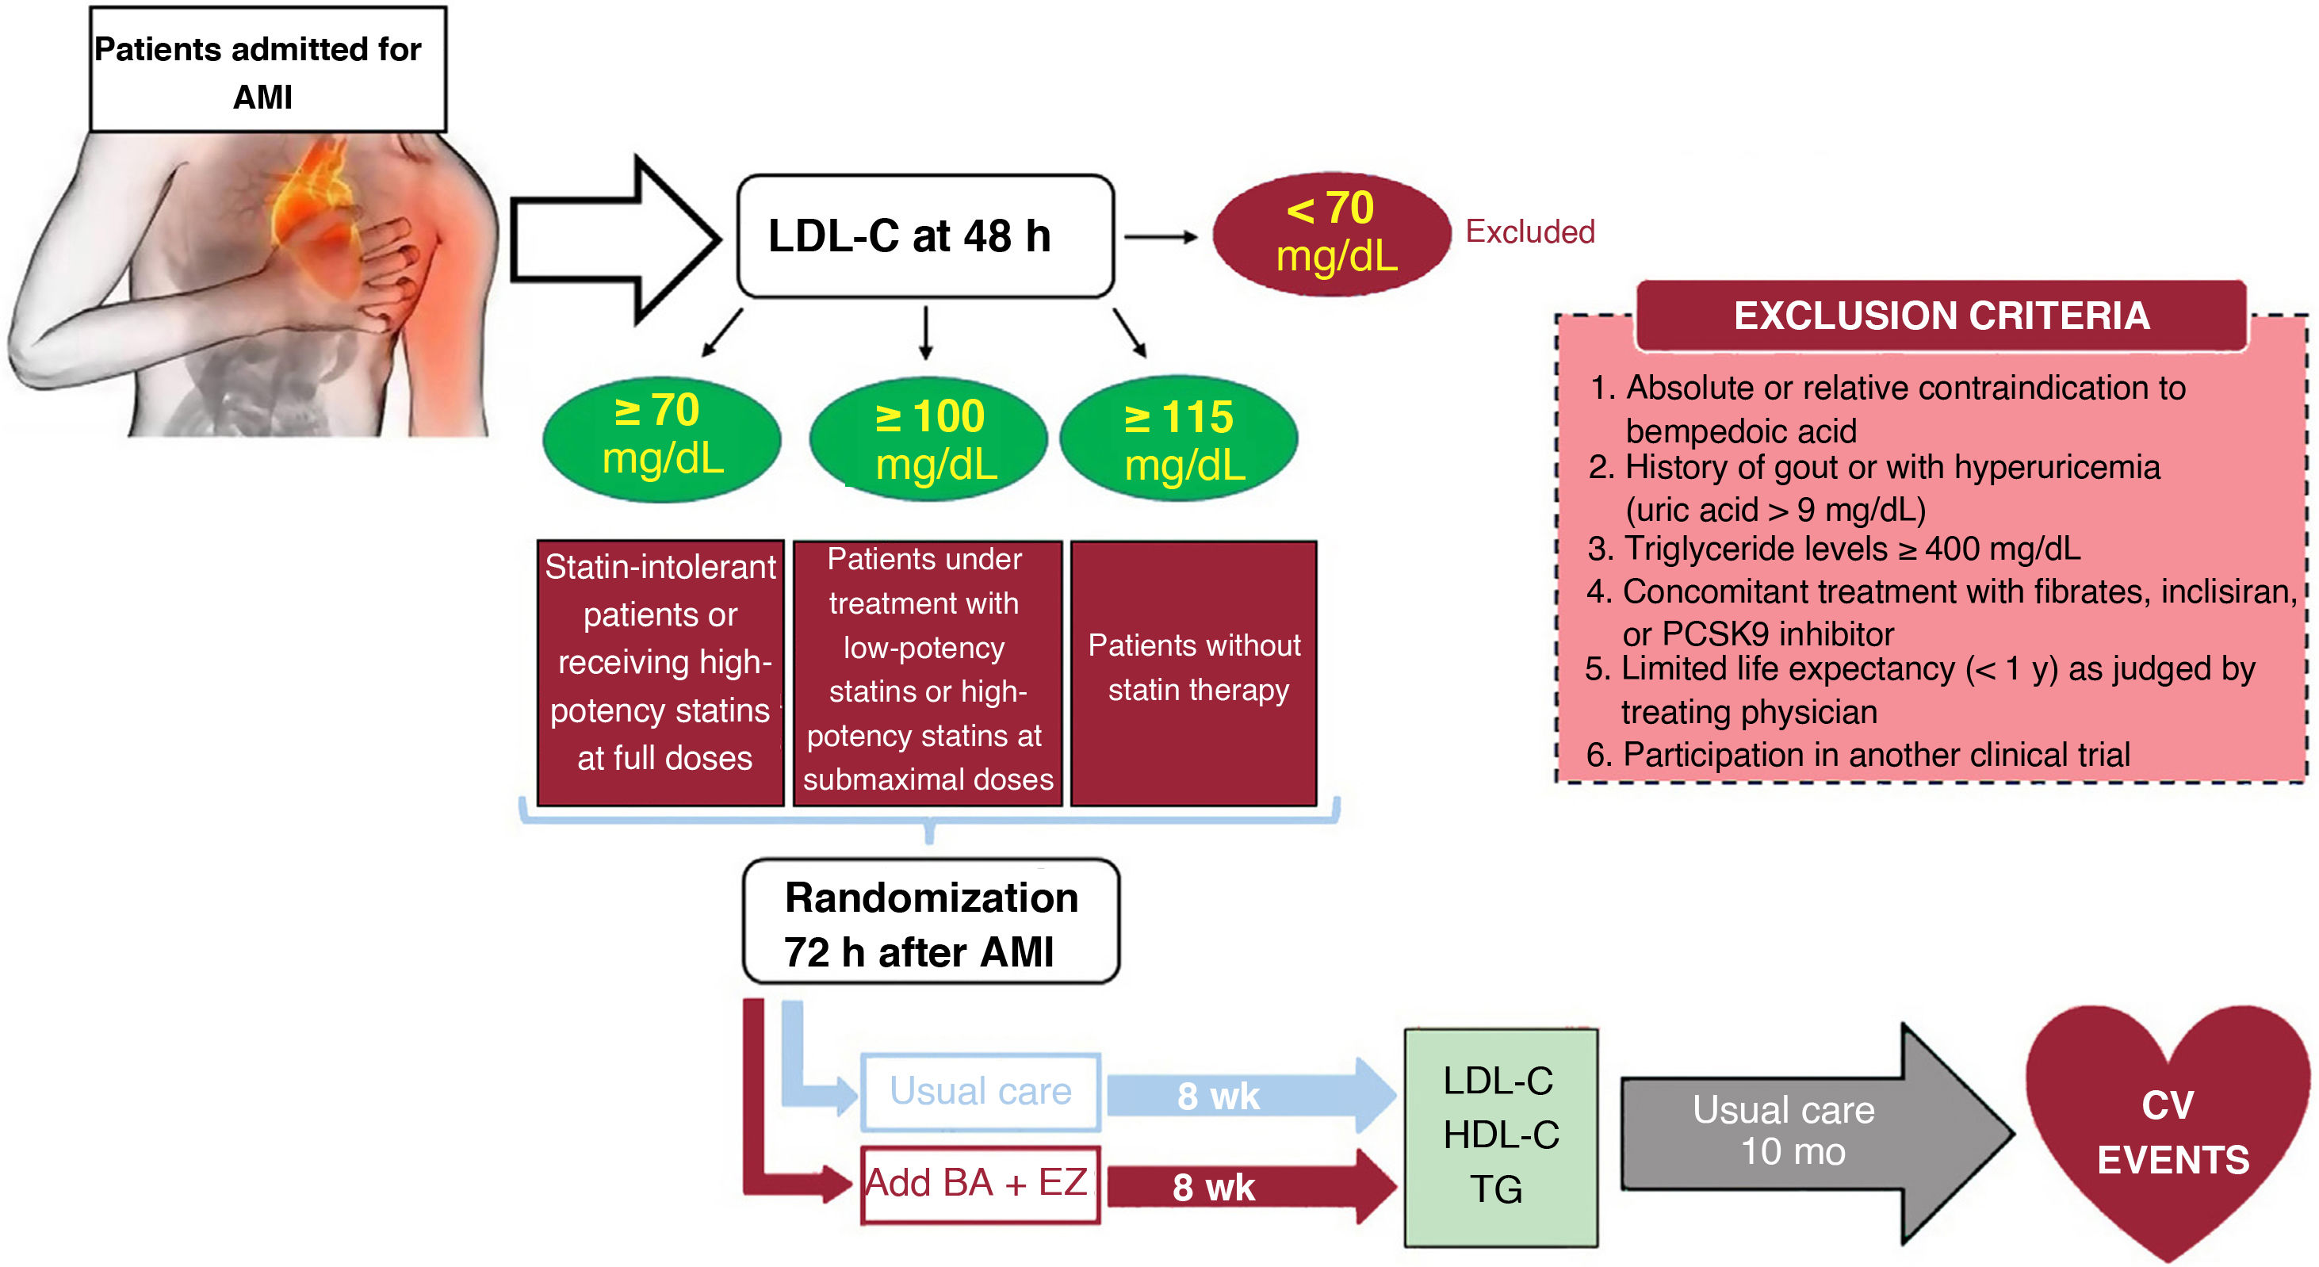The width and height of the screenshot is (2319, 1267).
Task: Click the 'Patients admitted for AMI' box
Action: pos(267,71)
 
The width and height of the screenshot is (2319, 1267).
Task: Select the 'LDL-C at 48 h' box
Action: pos(924,236)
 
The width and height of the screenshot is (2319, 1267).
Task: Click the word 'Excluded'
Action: pos(1529,232)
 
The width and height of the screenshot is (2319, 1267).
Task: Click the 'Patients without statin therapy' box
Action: pos(1194,672)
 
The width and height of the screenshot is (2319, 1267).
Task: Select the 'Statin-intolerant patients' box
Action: pos(660,672)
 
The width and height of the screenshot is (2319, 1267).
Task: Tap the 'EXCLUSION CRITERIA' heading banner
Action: pos(1941,316)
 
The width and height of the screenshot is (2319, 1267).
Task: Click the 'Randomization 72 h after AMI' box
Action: pos(931,922)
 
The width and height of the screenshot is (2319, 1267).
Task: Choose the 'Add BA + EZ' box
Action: pos(981,1183)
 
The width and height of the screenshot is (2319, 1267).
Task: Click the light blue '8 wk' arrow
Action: pos(1242,1095)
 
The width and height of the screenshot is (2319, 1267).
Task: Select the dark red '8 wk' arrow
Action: pos(1242,1187)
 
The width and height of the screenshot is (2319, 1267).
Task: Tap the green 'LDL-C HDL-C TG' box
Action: pos(1501,1136)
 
